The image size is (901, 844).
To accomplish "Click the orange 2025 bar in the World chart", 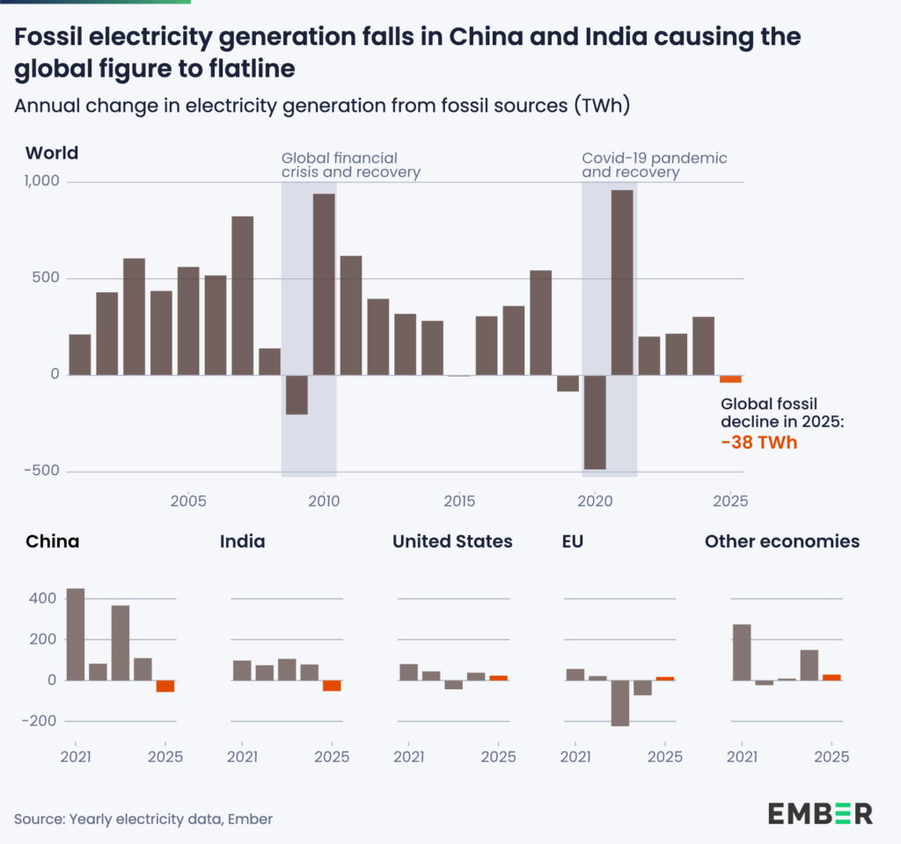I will pyautogui.click(x=730, y=379).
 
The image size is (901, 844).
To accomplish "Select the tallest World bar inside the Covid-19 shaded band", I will pyautogui.click(x=622, y=283).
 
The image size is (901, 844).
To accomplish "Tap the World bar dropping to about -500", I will pyautogui.click(x=595, y=422).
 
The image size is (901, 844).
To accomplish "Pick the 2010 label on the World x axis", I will pyautogui.click(x=324, y=501).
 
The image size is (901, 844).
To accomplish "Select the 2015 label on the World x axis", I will pyautogui.click(x=459, y=501).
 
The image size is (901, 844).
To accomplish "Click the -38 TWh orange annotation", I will pyautogui.click(x=758, y=442).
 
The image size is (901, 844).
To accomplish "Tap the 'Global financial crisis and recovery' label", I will pyautogui.click(x=350, y=165).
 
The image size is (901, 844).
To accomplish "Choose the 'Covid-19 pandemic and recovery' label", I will pyautogui.click(x=654, y=165).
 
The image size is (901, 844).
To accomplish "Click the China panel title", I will pyautogui.click(x=52, y=541).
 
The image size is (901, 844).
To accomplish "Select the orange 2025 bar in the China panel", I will pyautogui.click(x=165, y=686).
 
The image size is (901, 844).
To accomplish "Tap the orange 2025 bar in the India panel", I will pyautogui.click(x=332, y=686).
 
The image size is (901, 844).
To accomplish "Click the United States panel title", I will pyautogui.click(x=451, y=541).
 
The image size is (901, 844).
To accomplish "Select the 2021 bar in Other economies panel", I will pyautogui.click(x=742, y=652).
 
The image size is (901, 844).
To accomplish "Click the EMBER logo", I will pyautogui.click(x=820, y=812).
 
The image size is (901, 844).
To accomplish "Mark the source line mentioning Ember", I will pyautogui.click(x=143, y=818).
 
